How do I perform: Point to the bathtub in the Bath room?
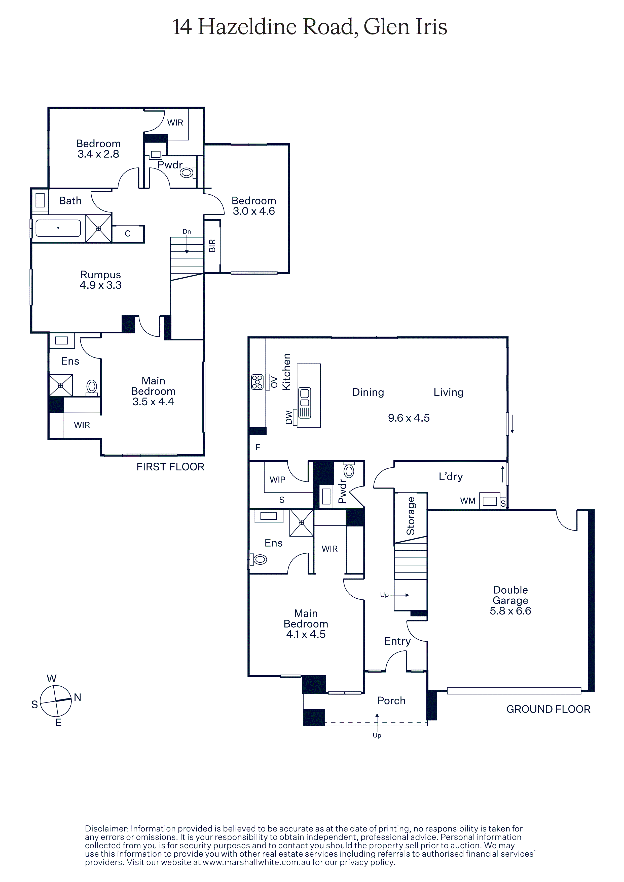(x=58, y=228)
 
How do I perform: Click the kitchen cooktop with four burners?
(x=257, y=382)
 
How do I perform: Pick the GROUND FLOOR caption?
(x=548, y=709)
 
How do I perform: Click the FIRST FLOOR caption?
(x=170, y=467)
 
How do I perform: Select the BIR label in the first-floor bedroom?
(x=212, y=246)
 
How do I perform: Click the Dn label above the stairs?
(x=187, y=232)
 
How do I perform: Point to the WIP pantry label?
(x=277, y=479)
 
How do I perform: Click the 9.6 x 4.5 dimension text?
(x=409, y=418)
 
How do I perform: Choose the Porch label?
(x=391, y=701)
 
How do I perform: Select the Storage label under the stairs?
(x=411, y=516)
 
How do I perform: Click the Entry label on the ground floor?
(x=397, y=641)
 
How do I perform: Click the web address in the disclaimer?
(x=256, y=862)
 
